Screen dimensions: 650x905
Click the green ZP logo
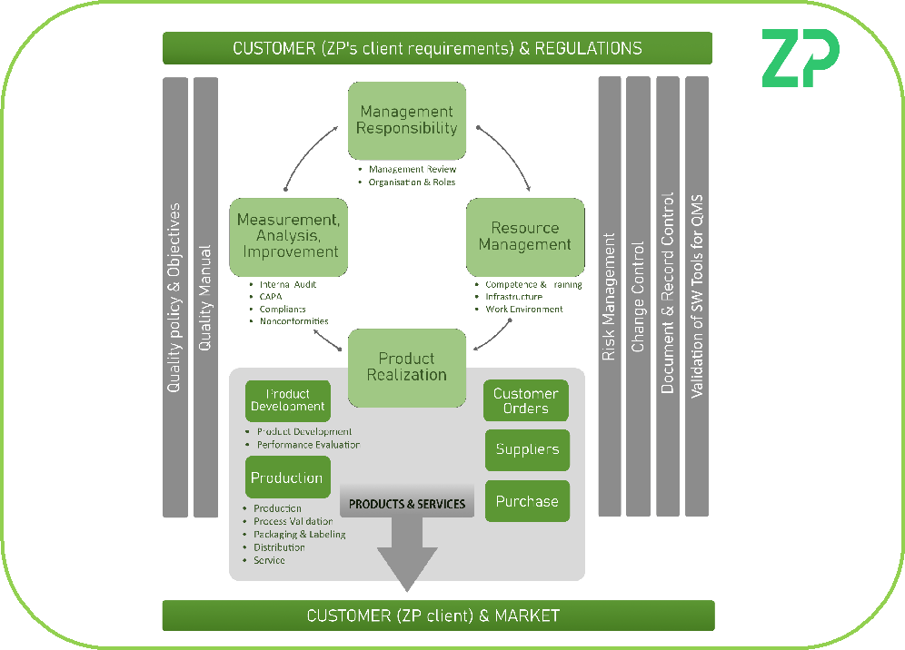tap(800, 58)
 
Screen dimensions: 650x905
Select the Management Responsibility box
tap(407, 121)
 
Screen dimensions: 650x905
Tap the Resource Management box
tap(525, 237)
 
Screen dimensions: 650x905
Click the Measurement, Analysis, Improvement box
tap(289, 237)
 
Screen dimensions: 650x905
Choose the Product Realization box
tap(407, 367)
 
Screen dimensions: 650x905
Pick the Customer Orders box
tap(526, 400)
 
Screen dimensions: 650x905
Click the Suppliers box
tap(527, 449)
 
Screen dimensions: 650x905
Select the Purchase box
tap(527, 501)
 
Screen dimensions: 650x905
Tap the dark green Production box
tap(287, 478)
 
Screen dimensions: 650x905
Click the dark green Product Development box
tap(287, 400)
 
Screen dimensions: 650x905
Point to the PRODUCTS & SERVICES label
tap(407, 504)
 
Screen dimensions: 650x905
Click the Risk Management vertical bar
tap(610, 297)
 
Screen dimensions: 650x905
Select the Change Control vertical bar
tap(639, 297)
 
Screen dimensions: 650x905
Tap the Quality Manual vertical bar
tap(205, 297)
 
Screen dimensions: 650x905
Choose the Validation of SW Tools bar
tap(697, 297)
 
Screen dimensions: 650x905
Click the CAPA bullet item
tap(271, 296)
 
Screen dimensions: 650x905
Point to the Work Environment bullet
tap(523, 309)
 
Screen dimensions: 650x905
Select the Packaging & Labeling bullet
tap(299, 535)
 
